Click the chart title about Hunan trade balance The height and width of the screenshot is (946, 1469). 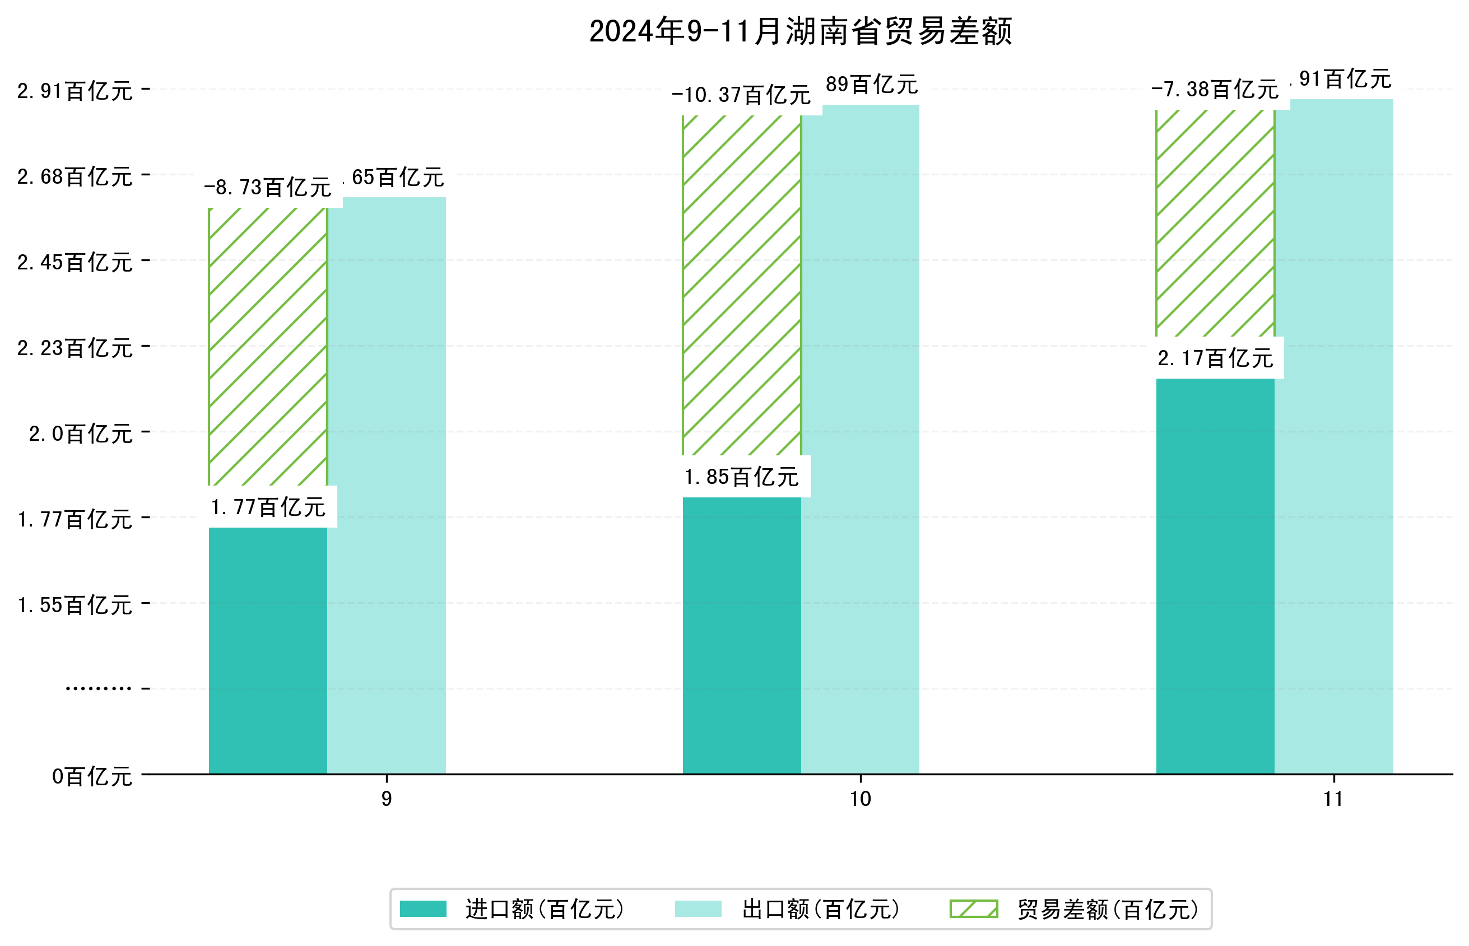coord(800,31)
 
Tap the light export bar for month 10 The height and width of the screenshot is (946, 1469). coord(860,439)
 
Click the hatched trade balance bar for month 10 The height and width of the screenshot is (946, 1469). coord(742,286)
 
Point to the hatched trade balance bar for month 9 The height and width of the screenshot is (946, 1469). coord(268,347)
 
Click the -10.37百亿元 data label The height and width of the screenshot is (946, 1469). coord(741,95)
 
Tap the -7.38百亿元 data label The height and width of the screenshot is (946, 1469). coord(1215,90)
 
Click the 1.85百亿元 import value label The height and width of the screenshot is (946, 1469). coord(742,477)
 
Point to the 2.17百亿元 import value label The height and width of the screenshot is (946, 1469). coord(1215,358)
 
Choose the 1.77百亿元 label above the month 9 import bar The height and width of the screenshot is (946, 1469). coord(268,507)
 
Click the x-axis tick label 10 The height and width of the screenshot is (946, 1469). coord(860,799)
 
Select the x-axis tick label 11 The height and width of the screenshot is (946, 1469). coord(1333,799)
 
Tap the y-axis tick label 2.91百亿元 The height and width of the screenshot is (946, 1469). coord(75,91)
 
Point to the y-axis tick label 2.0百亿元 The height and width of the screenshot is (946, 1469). coord(81,434)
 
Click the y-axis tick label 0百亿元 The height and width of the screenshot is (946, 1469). coord(92,776)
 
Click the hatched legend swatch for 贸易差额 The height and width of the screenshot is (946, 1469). coord(973,909)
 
